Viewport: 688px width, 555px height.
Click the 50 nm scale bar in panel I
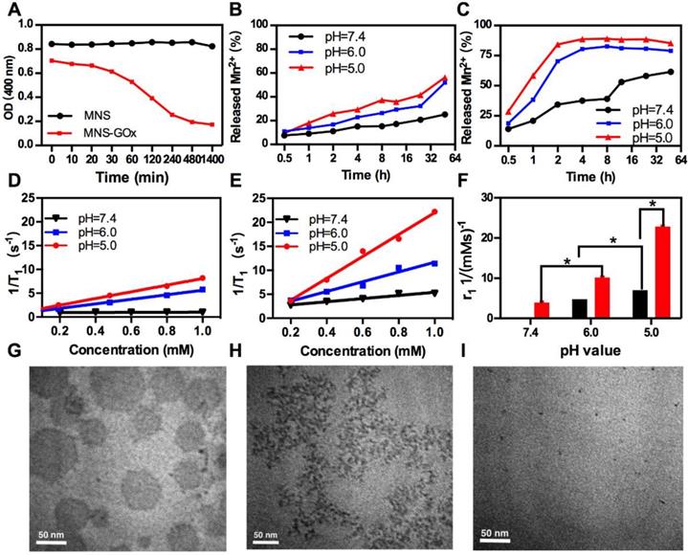(x=502, y=532)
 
